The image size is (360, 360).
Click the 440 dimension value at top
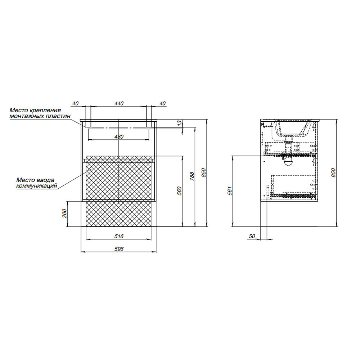tap(119, 103)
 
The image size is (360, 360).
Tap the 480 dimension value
tap(119, 136)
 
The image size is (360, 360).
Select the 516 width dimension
tap(119, 236)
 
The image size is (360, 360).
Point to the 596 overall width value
tap(119, 249)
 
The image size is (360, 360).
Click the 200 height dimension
tap(64, 213)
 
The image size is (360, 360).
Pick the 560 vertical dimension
tap(180, 191)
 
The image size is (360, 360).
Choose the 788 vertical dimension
tap(192, 176)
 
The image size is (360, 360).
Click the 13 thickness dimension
tap(180, 123)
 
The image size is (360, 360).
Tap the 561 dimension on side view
tap(230, 191)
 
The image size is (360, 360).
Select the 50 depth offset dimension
tap(252, 236)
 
